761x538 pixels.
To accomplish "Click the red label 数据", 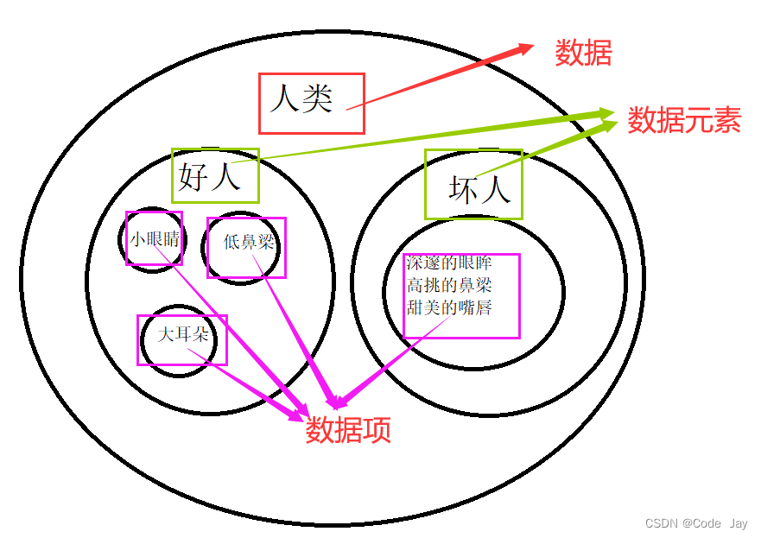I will pos(583,54).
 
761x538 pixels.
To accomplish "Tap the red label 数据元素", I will pos(683,120).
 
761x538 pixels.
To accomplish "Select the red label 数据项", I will pos(347,429).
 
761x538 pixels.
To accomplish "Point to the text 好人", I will pos(208,177).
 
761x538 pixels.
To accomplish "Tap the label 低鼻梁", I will pos(248,243).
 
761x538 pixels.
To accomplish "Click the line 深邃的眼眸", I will pos(449,263).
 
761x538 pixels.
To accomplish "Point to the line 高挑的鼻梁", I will pos(449,284).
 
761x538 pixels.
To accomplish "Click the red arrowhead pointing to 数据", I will pos(525,48).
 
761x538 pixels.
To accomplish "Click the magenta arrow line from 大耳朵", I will pos(250,384).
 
